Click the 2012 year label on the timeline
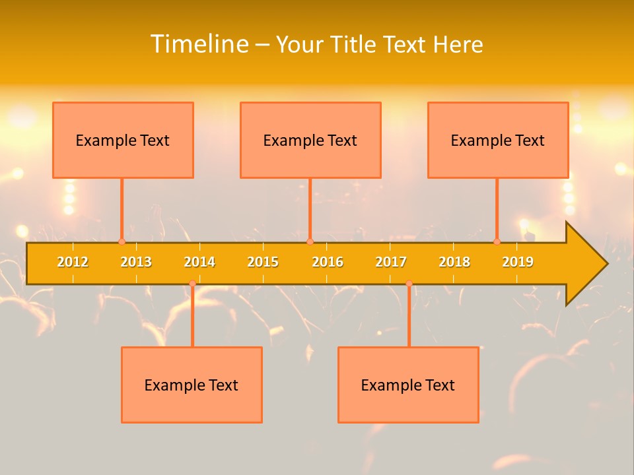[73, 262]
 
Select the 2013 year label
[136, 262]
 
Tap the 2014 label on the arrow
[199, 262]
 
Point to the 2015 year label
[263, 262]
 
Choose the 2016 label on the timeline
[328, 262]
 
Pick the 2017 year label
[391, 262]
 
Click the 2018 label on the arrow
[454, 262]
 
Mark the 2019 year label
[518, 262]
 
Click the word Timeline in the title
[199, 44]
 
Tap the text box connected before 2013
[123, 140]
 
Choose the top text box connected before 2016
[310, 140]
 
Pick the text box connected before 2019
[498, 140]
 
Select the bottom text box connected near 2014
[192, 385]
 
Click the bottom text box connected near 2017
[408, 385]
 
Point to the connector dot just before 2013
[122, 241]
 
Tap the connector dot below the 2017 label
[409, 284]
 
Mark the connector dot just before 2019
[497, 241]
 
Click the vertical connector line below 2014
[192, 317]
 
